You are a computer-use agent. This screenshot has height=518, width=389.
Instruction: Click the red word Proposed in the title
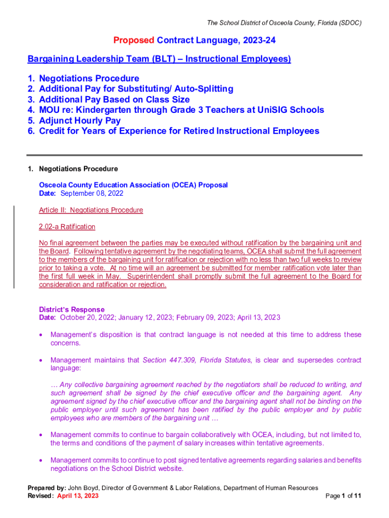click(x=134, y=40)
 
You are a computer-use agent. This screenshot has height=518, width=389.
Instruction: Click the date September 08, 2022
click(x=91, y=193)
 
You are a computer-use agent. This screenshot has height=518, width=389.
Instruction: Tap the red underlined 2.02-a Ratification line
click(x=67, y=227)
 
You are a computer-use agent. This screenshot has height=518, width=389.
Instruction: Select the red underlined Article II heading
click(x=91, y=210)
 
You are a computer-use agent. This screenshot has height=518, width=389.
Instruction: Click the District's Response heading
click(x=72, y=309)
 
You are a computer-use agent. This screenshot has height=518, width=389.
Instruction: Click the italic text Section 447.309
click(x=169, y=360)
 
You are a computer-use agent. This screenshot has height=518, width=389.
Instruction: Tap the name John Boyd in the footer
click(x=83, y=488)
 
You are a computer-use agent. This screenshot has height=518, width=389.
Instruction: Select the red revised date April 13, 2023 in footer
click(x=78, y=496)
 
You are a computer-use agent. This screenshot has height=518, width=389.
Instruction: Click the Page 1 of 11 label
click(x=344, y=496)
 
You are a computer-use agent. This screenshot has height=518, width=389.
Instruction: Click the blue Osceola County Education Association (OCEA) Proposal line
click(x=133, y=185)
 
